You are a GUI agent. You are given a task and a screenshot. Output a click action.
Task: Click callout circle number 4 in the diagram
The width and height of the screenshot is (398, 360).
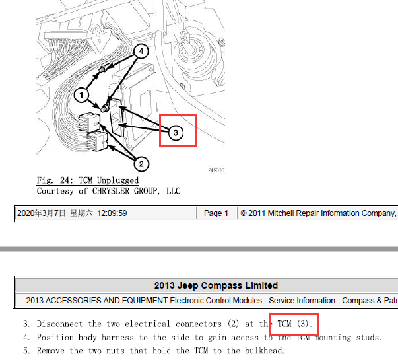141,51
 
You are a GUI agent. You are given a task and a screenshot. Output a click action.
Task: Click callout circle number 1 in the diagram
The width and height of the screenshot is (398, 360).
81,95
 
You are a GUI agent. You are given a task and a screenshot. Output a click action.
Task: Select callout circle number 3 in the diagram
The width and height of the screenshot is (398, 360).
176,133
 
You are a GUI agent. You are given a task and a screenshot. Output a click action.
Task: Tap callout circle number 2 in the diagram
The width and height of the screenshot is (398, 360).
141,164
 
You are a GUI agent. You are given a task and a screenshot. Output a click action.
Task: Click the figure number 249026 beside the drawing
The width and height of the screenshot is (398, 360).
216,170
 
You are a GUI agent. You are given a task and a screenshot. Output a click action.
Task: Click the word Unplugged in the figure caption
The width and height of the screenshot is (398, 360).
117,180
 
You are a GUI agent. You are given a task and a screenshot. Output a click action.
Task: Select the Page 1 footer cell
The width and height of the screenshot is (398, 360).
216,213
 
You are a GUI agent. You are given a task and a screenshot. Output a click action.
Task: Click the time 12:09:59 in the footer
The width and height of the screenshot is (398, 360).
112,213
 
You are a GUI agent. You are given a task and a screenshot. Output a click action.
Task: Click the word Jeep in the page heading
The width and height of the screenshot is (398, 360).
187,285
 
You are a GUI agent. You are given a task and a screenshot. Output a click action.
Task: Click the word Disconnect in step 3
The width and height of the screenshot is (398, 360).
59,324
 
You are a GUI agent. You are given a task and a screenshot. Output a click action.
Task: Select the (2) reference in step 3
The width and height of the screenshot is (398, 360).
233,324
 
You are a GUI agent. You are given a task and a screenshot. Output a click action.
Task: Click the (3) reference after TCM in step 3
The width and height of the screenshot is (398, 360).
302,324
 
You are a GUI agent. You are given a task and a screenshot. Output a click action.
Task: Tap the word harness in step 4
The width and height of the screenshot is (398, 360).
117,338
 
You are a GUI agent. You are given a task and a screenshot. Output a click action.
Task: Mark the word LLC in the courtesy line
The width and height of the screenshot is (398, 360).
174,191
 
